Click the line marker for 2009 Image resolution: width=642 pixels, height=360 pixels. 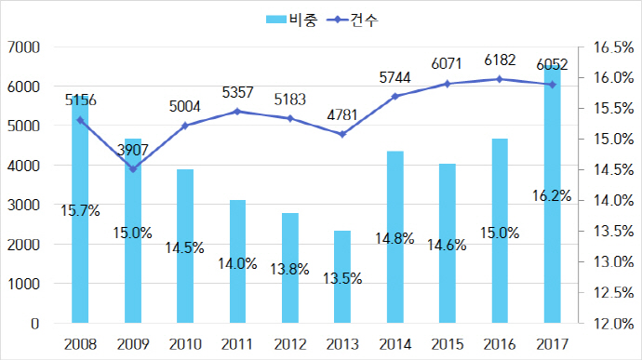point(133,169)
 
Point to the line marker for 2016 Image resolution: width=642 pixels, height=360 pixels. point(500,79)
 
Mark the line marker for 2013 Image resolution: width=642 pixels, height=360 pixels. point(342,134)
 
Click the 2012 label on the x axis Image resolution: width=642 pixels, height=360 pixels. point(290,343)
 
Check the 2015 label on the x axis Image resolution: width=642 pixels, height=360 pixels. point(448,343)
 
